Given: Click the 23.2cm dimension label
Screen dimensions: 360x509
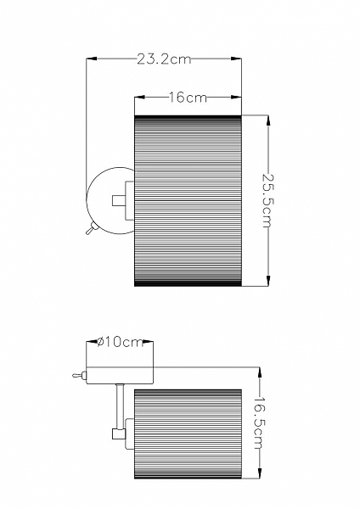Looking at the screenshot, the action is pyautogui.click(x=163, y=59).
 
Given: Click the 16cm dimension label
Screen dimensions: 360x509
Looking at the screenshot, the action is pyautogui.click(x=188, y=98).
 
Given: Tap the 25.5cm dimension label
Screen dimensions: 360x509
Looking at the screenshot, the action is pyautogui.click(x=268, y=201).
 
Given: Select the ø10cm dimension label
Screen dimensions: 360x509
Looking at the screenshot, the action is pyautogui.click(x=121, y=342).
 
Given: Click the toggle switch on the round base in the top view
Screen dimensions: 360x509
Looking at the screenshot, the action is pyautogui.click(x=91, y=228).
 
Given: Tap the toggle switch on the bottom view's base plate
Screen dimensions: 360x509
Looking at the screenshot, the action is pyautogui.click(x=80, y=376).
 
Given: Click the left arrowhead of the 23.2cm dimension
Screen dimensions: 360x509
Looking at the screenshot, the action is pyautogui.click(x=92, y=59).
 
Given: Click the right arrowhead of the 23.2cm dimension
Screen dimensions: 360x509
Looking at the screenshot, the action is pyautogui.click(x=237, y=59).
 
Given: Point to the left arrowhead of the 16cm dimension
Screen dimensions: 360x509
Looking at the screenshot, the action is pyautogui.click(x=140, y=97).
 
